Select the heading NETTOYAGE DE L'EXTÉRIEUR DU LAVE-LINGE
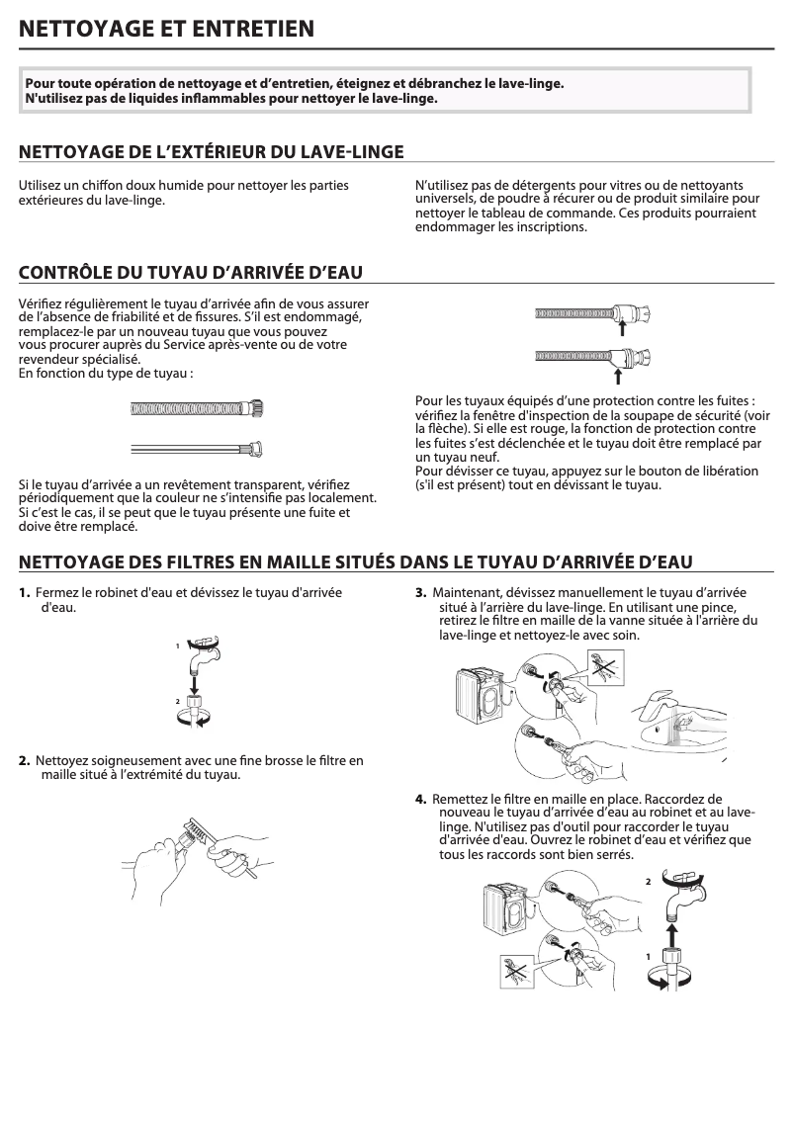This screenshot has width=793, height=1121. click(x=212, y=151)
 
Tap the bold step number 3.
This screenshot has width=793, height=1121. click(x=420, y=593)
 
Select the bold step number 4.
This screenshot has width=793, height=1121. click(x=420, y=799)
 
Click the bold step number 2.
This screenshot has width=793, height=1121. click(x=24, y=760)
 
